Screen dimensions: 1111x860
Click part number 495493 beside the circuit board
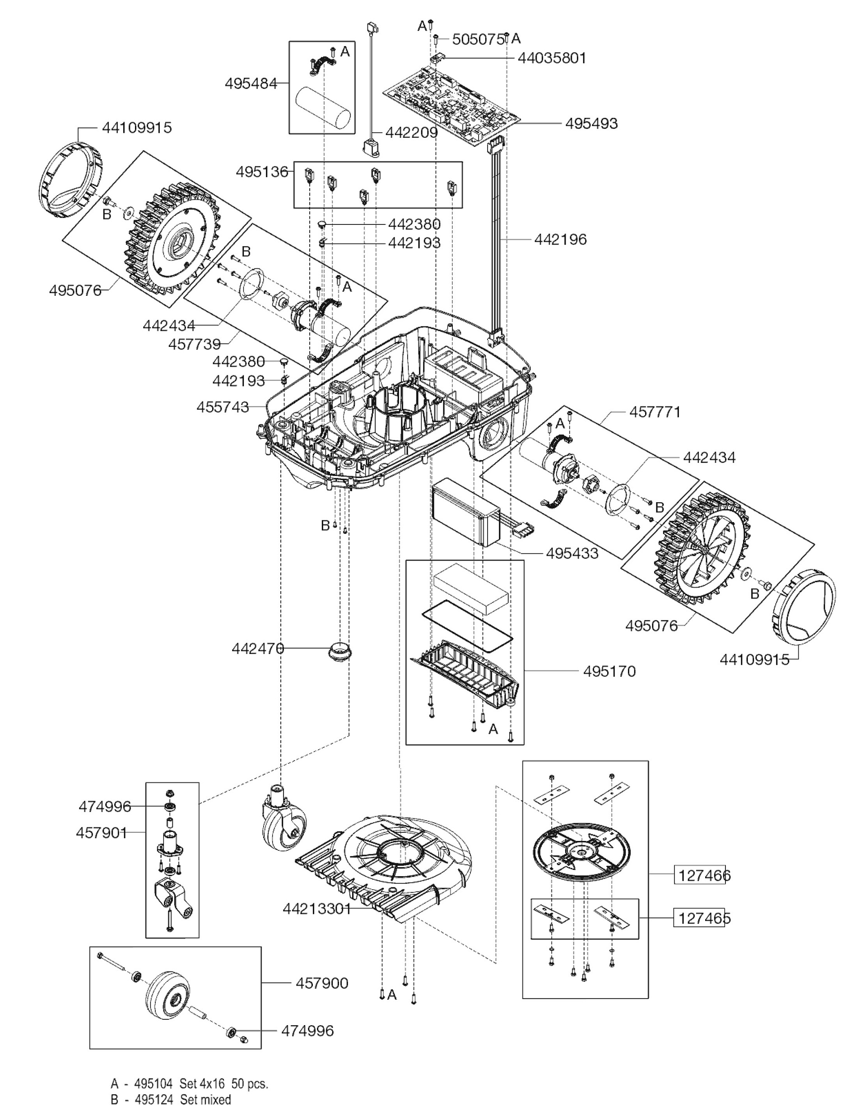click(x=591, y=124)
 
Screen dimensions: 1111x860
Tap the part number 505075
click(x=478, y=39)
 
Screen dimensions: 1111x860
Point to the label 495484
click(x=251, y=84)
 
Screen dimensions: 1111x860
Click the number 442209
click(x=411, y=133)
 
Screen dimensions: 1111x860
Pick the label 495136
click(x=261, y=172)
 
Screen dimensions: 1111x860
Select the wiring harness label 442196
click(x=560, y=240)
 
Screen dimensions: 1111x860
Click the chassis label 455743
click(x=223, y=407)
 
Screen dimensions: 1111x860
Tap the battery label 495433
click(x=572, y=553)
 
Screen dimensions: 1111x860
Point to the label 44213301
click(x=317, y=909)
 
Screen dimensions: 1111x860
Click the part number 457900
click(x=322, y=983)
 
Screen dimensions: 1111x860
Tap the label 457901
click(x=101, y=833)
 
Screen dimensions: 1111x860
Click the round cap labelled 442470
click(x=340, y=652)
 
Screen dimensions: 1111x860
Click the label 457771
click(x=655, y=411)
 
